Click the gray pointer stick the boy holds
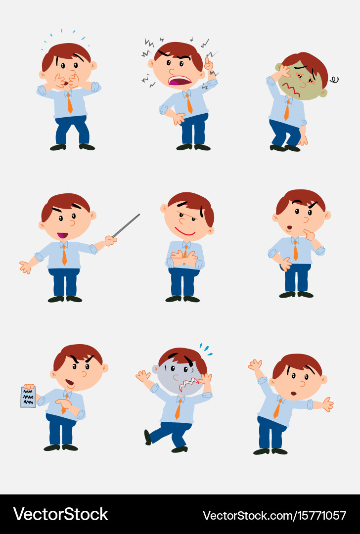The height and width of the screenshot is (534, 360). coord(127,225)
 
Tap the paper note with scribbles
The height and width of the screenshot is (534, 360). coord(28,397)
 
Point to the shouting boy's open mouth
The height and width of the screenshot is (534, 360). coord(179,81)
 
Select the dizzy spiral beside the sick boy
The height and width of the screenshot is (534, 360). coord(334,79)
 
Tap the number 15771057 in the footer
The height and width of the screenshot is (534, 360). coord(322,515)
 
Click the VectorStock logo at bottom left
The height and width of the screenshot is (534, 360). coord(60,514)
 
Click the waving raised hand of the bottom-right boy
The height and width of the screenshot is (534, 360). coord(255,365)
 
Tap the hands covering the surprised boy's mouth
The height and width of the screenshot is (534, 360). coord(67,81)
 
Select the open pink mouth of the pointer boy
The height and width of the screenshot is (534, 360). coord(62,235)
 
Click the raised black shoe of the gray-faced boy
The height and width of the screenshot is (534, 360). coord(147,437)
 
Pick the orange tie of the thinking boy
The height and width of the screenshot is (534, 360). coord(295,250)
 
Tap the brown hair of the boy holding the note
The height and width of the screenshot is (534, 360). coord(79,353)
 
